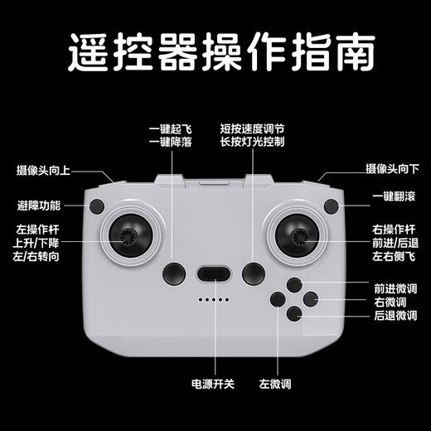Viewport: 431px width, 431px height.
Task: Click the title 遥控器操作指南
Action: point(221,52)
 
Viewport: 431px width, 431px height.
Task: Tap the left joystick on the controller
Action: point(130,235)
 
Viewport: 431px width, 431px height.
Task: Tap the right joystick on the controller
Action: point(297,235)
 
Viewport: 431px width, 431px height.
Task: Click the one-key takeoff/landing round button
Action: point(174,274)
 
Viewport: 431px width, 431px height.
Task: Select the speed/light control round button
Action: point(254,274)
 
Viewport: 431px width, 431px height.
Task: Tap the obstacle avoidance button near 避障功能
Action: point(97,206)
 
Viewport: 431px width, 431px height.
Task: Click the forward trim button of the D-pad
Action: point(294,285)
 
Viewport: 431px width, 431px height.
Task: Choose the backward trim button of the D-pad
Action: point(294,313)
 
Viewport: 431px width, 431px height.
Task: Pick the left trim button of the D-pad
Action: point(278,299)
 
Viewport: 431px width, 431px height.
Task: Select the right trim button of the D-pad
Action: point(311,299)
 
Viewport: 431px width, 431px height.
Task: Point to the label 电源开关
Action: point(213,384)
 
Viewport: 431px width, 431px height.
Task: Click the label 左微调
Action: point(275,384)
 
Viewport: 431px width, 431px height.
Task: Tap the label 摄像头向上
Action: point(43,171)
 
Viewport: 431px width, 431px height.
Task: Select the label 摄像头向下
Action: point(392,169)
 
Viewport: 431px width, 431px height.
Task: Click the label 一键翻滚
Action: point(394,196)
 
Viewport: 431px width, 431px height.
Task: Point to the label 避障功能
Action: point(39,206)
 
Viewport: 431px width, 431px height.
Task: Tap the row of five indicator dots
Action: point(214,299)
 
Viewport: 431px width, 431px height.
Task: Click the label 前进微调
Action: point(395,289)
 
